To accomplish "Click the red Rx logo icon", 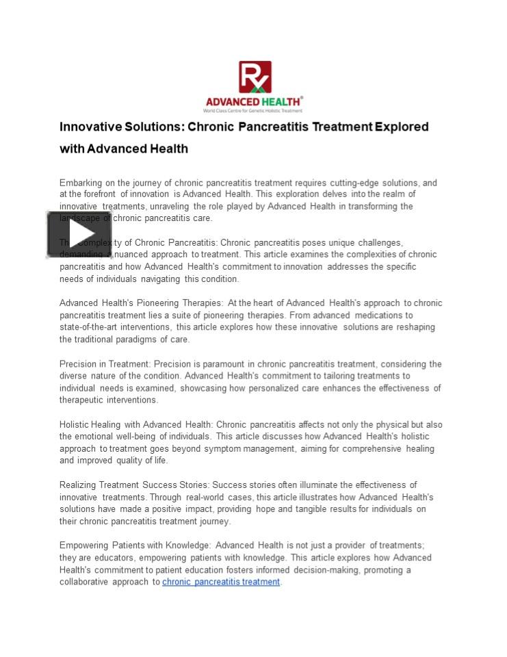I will tap(255, 77).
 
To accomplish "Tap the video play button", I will tap(79, 234).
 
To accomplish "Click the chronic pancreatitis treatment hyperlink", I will tap(221, 582).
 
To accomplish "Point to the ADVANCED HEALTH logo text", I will tap(254, 101).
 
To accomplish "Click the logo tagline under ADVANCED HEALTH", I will tap(254, 110).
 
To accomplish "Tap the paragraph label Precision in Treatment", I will tap(105, 364).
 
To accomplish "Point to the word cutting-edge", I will tap(356, 183).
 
